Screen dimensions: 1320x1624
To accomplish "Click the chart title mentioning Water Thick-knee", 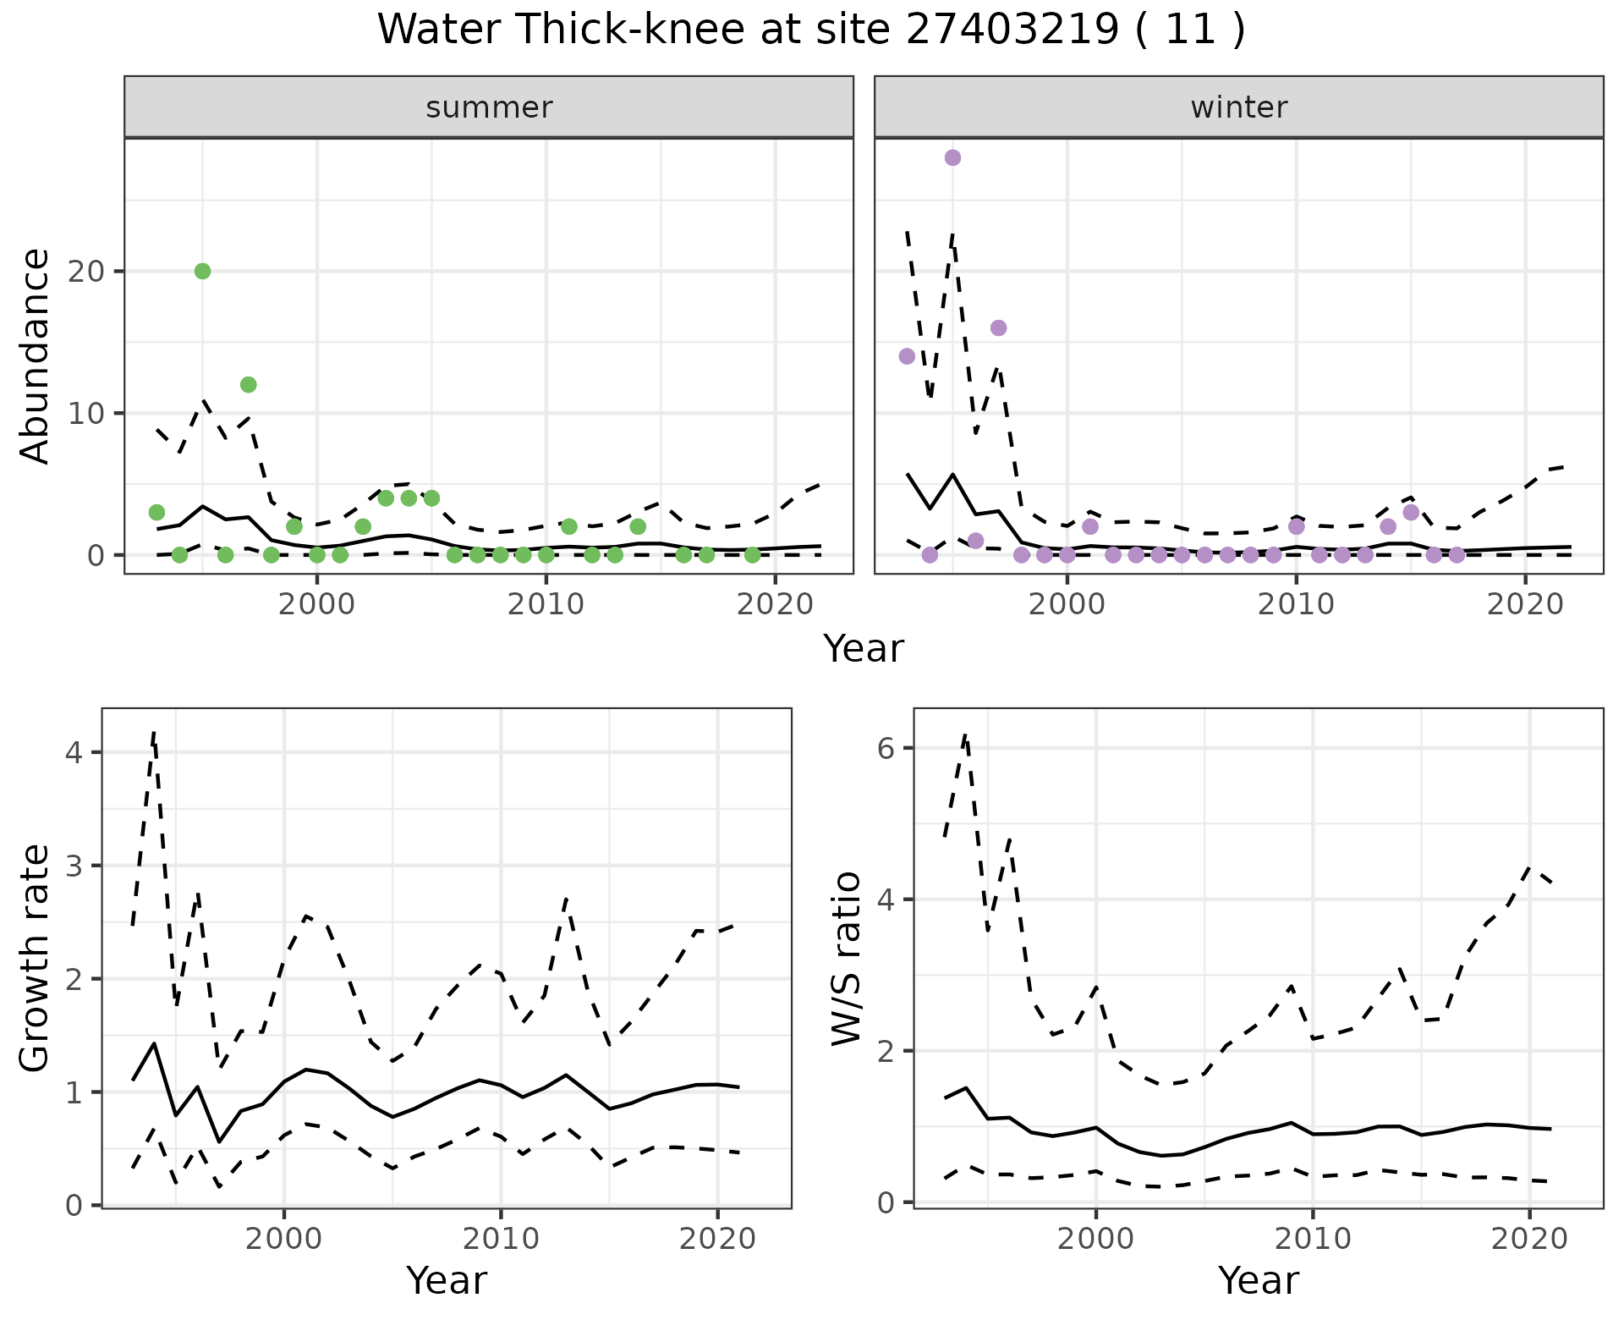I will point(810,30).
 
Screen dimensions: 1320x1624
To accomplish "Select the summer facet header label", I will point(489,107).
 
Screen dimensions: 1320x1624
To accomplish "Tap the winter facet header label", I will point(1238,107).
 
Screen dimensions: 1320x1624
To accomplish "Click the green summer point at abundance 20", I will point(202,271).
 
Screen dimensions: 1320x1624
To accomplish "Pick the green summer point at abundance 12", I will point(248,385).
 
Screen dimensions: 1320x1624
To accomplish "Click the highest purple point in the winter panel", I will point(952,157).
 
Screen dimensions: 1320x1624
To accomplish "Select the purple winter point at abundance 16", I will point(998,328).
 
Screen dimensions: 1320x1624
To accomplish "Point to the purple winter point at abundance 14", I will point(907,356).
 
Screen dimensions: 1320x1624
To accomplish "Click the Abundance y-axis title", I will point(36,356).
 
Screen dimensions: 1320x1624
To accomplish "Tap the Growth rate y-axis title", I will point(36,959).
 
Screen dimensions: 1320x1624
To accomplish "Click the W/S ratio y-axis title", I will point(847,959).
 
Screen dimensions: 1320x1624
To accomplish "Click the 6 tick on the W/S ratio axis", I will point(886,748).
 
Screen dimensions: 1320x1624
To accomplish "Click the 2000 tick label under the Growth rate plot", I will point(284,1239).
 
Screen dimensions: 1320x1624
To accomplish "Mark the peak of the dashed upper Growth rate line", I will point(154,731).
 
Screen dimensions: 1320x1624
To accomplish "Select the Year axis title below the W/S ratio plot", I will point(1258,1281).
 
